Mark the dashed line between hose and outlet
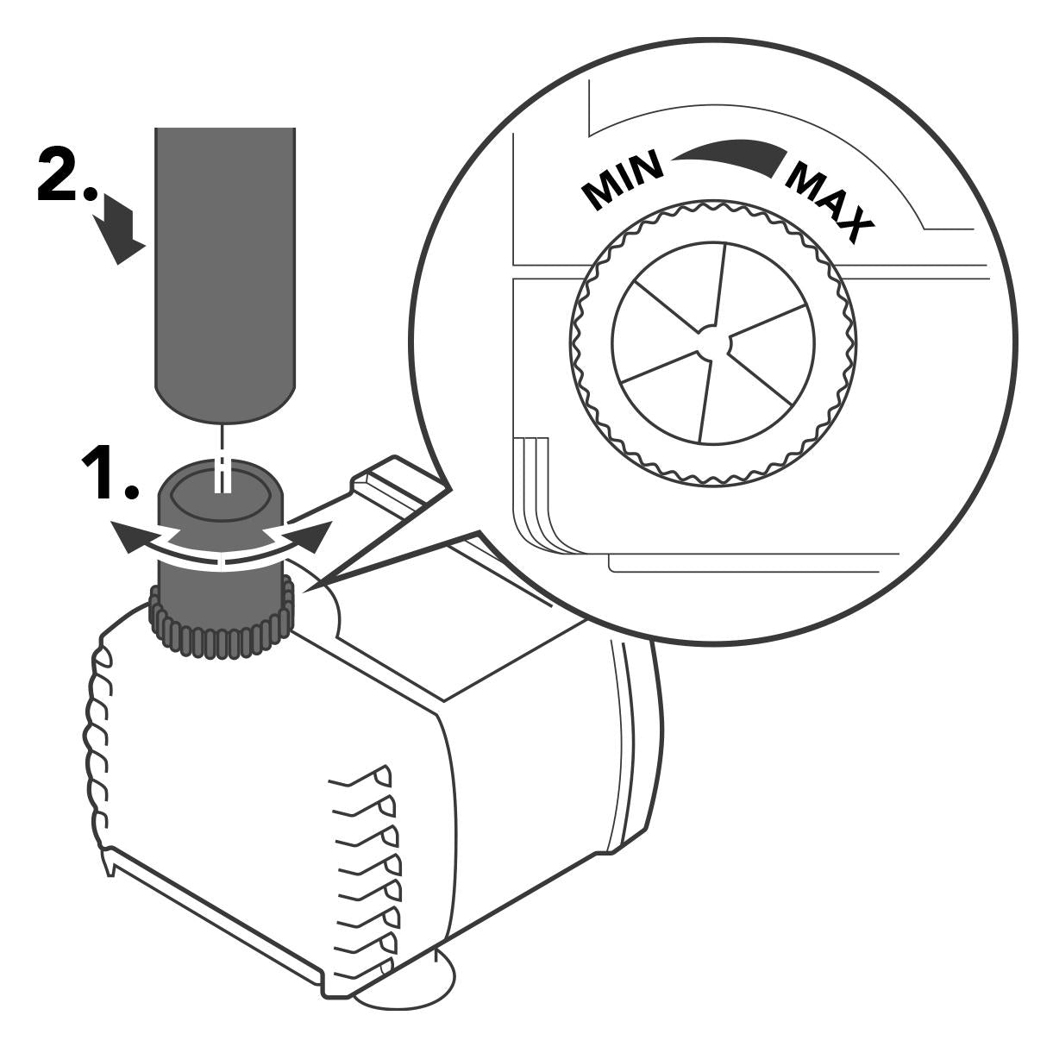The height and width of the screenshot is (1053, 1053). point(223,457)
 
